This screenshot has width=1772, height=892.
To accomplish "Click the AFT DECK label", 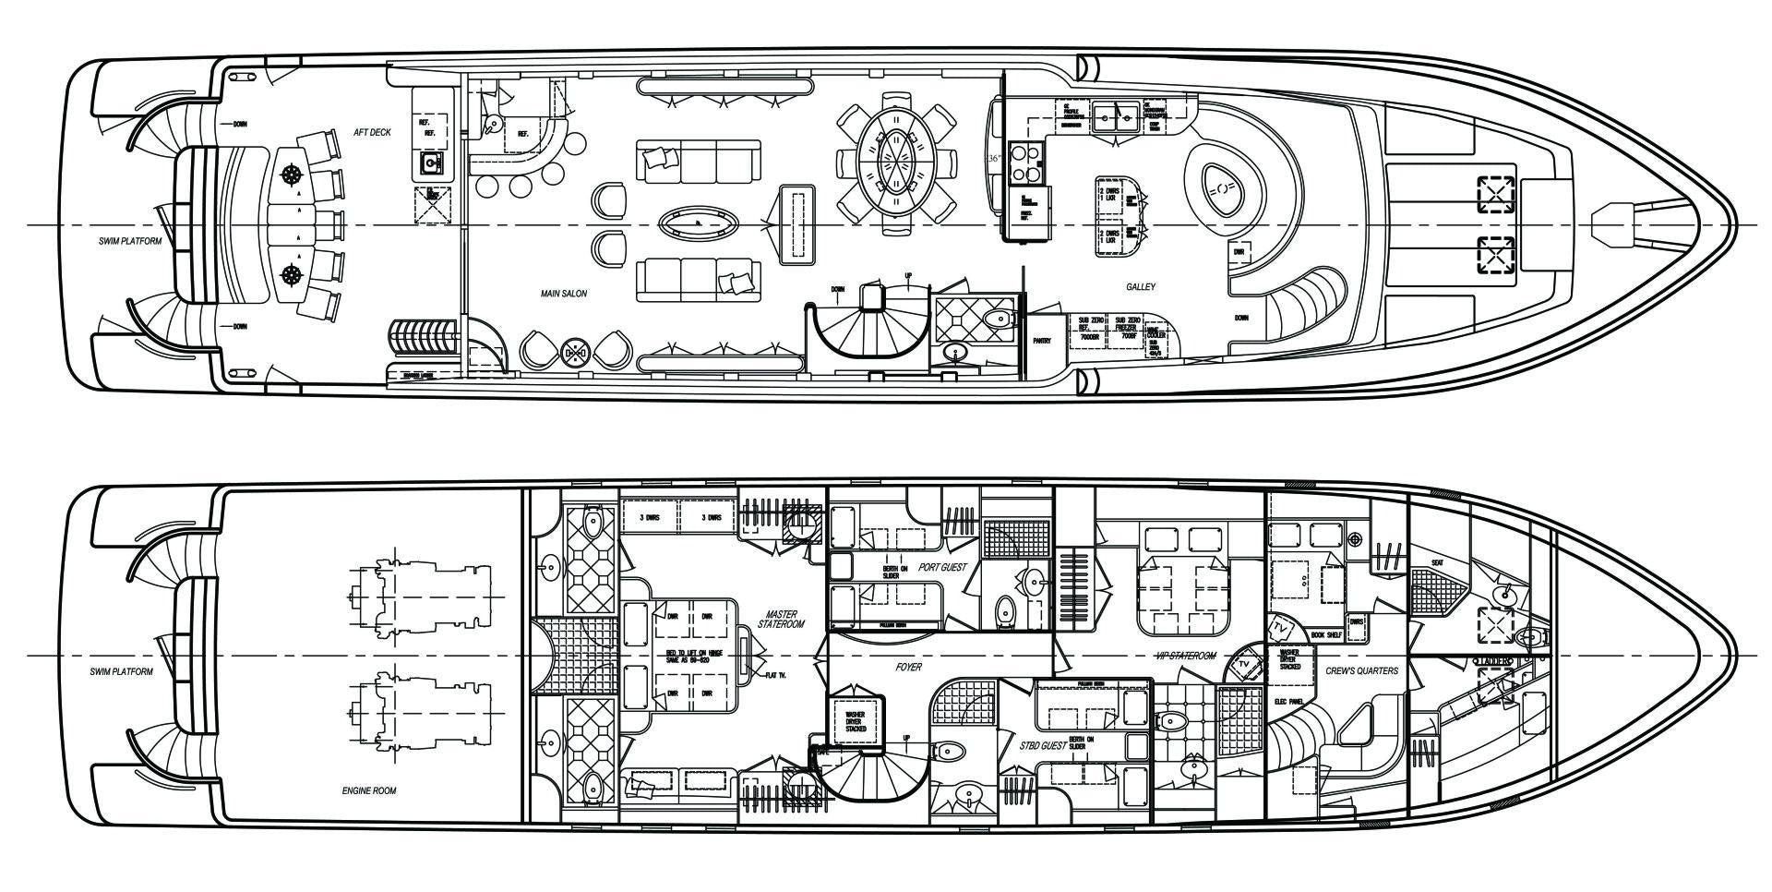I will [373, 133].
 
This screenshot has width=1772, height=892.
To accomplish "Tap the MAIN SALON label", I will [564, 294].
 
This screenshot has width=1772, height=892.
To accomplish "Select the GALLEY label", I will [1140, 287].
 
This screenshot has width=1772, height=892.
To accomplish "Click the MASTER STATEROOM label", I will [781, 620].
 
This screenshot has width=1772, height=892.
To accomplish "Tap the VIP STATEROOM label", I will [1186, 656].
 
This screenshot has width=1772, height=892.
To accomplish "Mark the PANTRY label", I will [1042, 341].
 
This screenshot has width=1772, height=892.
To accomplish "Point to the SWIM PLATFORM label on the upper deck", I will [130, 242].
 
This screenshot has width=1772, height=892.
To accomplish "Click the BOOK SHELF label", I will [1326, 635].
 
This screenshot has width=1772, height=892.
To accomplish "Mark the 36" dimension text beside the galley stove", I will [993, 158].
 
